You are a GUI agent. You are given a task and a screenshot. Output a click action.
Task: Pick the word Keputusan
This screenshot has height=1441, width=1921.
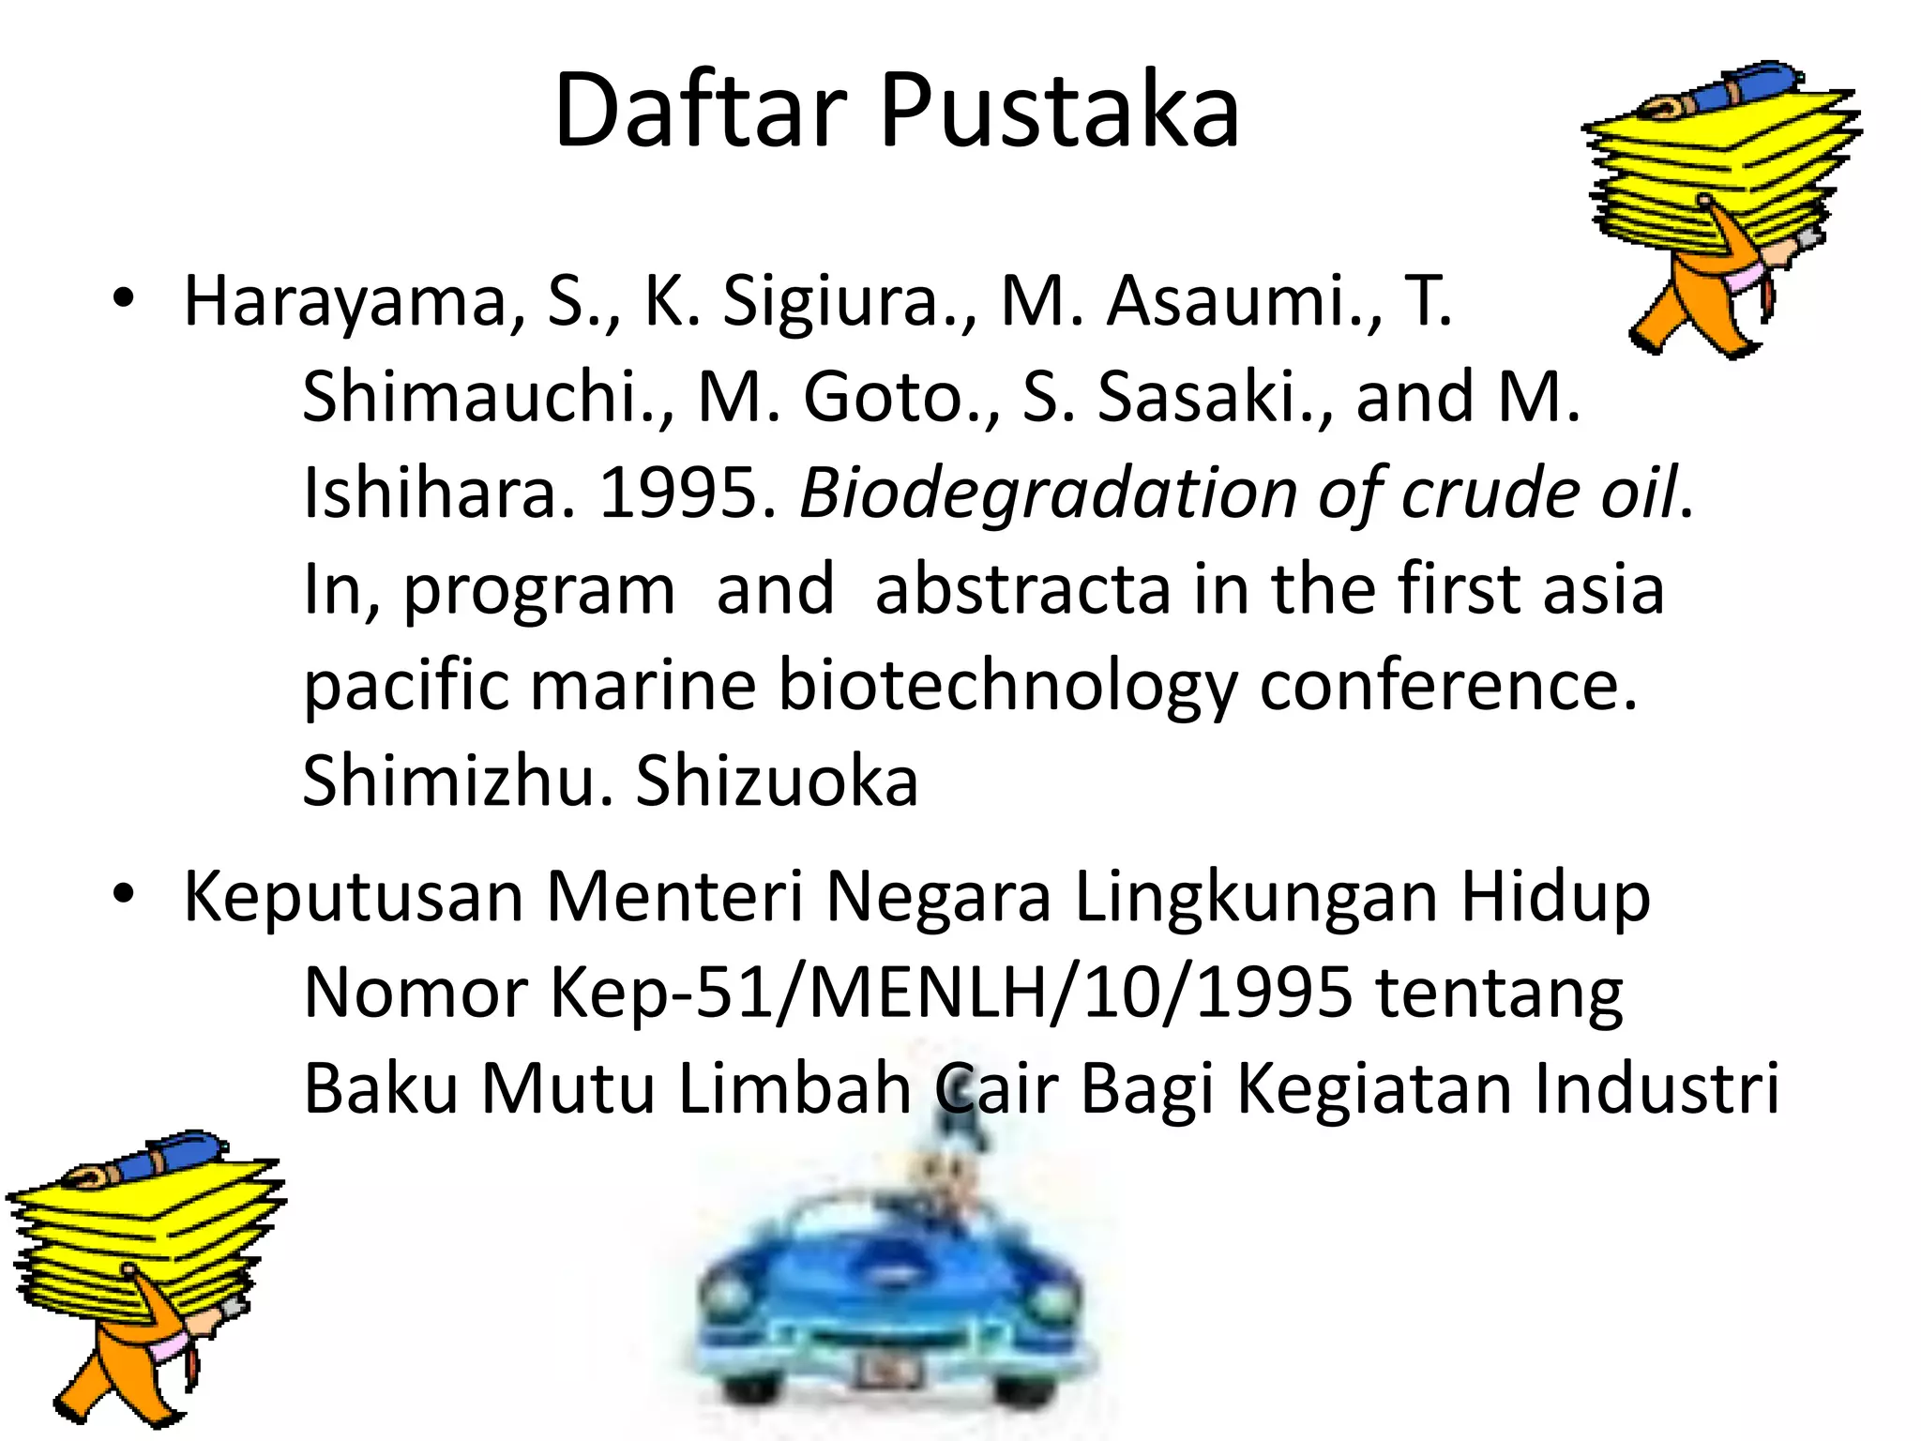tap(353, 898)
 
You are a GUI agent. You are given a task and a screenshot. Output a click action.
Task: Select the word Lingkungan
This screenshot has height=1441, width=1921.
tap(1256, 898)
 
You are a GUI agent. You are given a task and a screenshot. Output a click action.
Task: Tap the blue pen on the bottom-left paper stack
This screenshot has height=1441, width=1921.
tap(159, 1158)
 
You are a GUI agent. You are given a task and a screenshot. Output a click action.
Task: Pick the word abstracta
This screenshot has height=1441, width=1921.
tap(1023, 589)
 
